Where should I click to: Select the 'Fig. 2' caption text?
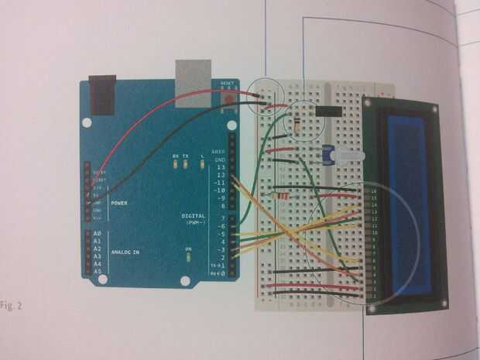[x=12, y=305]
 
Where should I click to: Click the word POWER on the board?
[x=119, y=204]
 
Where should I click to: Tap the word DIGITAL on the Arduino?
[x=193, y=214]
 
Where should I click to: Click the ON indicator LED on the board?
[x=188, y=257]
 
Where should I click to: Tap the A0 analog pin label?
[x=97, y=234]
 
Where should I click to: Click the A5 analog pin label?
[x=97, y=272]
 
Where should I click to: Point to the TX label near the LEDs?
[x=186, y=156]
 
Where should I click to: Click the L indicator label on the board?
[x=201, y=156]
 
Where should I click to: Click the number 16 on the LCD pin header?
[x=373, y=190]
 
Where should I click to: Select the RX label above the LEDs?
[x=176, y=156]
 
